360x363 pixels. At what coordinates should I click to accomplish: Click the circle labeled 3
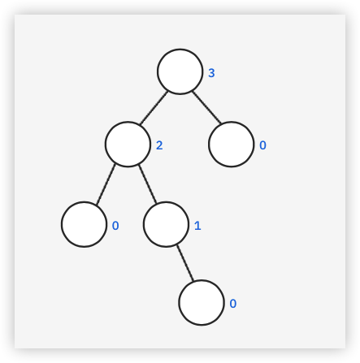[x=180, y=71]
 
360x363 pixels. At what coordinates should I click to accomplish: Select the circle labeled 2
[x=128, y=145]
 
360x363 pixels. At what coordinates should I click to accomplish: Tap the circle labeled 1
[x=166, y=224]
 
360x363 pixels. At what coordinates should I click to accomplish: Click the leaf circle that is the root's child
[x=232, y=145]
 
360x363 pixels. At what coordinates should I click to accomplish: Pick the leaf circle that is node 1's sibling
[x=84, y=224]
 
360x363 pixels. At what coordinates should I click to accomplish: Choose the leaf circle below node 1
[x=202, y=303]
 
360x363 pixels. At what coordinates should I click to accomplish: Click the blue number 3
[x=211, y=73]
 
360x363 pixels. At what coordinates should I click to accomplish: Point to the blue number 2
[x=159, y=145]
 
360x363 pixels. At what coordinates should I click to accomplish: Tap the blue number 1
[x=197, y=226]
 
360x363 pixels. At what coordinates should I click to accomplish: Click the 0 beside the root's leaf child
[x=262, y=145]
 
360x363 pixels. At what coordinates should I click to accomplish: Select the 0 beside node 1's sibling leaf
[x=115, y=226]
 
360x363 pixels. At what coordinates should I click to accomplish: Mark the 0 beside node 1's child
[x=233, y=304]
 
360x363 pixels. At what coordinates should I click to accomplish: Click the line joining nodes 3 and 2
[x=154, y=108]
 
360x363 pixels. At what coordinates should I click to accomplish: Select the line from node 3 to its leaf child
[x=206, y=107]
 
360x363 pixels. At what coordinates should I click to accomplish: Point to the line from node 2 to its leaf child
[x=106, y=184]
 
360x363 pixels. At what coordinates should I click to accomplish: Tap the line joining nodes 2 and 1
[x=147, y=184]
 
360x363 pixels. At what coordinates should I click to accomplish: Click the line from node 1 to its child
[x=185, y=263]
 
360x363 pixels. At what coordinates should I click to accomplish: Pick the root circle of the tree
[x=180, y=71]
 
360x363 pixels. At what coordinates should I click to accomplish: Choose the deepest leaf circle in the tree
[x=202, y=303]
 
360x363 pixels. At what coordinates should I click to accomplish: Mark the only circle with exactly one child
[x=166, y=224]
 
